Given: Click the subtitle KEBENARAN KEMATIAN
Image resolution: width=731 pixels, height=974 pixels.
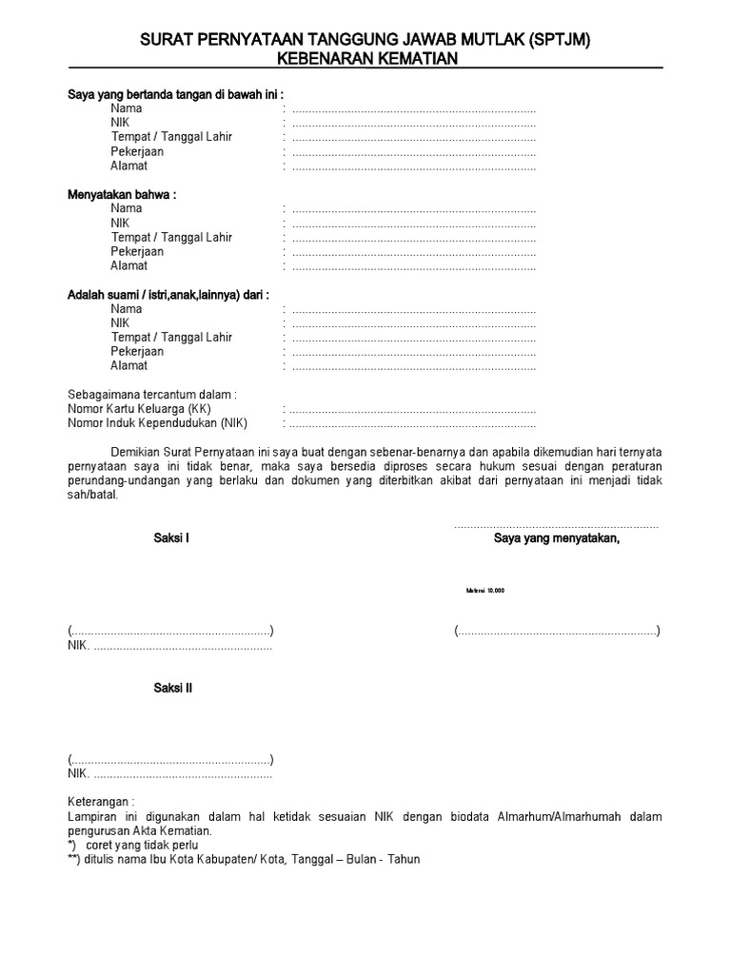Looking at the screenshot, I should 367,58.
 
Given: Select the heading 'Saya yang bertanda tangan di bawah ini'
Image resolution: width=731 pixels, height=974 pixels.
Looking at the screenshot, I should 176,94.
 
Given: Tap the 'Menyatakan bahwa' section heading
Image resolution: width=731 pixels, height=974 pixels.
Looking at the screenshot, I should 122,194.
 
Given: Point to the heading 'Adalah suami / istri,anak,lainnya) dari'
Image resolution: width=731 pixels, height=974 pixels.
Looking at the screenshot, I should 168,295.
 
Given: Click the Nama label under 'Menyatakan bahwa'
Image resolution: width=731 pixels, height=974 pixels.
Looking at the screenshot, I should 126,208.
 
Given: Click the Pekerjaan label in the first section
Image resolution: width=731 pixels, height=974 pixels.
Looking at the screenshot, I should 137,151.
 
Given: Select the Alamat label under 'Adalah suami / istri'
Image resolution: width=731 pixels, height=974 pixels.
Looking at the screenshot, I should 128,366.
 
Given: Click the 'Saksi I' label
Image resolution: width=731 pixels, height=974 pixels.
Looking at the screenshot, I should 172,538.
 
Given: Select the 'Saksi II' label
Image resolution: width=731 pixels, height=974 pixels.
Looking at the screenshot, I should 173,688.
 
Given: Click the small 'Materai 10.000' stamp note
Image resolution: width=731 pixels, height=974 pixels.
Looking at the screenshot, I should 484,591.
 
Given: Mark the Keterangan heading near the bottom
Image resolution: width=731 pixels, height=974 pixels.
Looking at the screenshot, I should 101,802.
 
